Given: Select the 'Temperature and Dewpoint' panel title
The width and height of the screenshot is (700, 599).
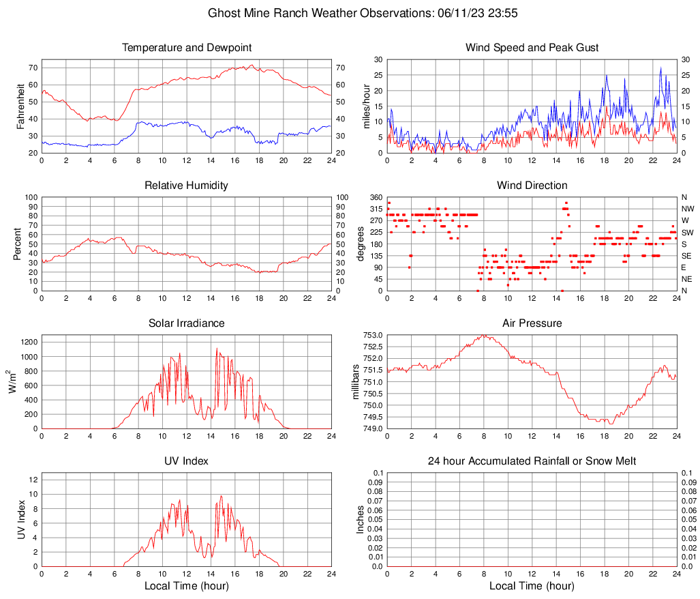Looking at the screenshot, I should [x=186, y=48].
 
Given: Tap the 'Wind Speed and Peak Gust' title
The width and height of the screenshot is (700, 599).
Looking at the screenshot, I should [x=532, y=48].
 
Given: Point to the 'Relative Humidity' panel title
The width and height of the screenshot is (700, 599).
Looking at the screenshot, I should [x=186, y=186].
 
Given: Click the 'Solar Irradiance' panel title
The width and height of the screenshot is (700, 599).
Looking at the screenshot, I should [x=186, y=323].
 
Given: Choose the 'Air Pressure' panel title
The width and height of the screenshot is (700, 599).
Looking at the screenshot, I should [x=532, y=323].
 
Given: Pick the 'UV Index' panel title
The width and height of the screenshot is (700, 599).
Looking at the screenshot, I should [x=186, y=461].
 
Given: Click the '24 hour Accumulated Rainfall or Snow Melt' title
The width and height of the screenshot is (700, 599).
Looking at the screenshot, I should [x=532, y=461].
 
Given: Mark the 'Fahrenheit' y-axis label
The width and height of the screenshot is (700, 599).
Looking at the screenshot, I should [x=20, y=106].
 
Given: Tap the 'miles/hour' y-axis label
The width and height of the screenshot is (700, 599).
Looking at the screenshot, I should [x=365, y=106].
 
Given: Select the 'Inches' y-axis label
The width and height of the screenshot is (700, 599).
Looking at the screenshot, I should [x=360, y=519].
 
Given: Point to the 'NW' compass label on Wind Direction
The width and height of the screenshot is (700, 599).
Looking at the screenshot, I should [x=687, y=209].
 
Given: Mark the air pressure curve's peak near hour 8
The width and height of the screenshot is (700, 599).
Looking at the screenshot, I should [x=484, y=335].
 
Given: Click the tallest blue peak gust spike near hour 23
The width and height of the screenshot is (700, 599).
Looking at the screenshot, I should [x=660, y=68].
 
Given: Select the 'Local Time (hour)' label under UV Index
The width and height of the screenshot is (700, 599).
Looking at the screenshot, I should [x=186, y=586].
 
